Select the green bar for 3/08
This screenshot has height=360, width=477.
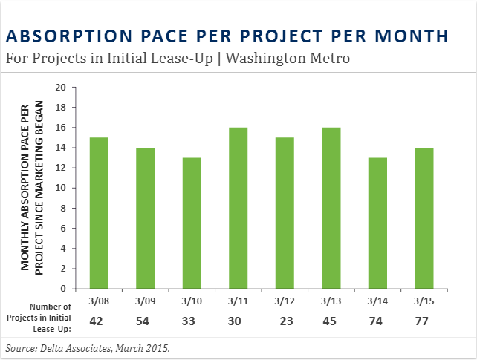tap(99, 213)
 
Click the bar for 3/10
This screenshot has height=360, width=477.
tap(192, 223)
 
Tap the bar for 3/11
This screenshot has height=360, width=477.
tap(238, 208)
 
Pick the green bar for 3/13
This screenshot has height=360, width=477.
tap(331, 208)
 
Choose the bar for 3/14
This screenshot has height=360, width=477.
tap(377, 223)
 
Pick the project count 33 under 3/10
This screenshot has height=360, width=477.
tap(191, 321)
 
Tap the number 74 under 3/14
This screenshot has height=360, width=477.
tap(377, 321)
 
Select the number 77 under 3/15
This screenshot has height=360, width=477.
tap(424, 321)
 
